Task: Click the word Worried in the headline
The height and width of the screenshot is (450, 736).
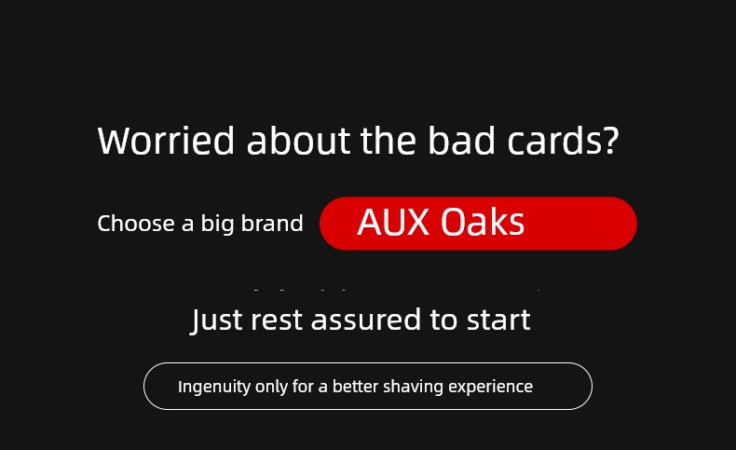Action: tap(166, 141)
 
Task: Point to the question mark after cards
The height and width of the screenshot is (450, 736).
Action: tap(610, 141)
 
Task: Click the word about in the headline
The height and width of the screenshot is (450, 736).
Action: tap(298, 140)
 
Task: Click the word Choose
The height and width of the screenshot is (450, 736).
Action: tap(136, 223)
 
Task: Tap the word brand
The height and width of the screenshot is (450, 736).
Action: tap(272, 223)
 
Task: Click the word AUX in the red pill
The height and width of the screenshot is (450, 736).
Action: tap(393, 222)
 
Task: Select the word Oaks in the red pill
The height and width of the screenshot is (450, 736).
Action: tap(483, 222)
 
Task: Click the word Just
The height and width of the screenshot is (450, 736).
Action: tap(216, 320)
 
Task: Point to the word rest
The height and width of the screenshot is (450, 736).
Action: tap(277, 320)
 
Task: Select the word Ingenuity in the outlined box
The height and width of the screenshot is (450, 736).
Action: tap(214, 388)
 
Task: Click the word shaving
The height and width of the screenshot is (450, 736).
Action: tap(413, 388)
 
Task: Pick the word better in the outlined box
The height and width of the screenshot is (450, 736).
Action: tap(355, 387)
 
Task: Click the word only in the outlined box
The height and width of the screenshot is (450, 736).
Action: tap(271, 388)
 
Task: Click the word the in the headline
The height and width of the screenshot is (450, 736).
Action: tap(388, 140)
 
